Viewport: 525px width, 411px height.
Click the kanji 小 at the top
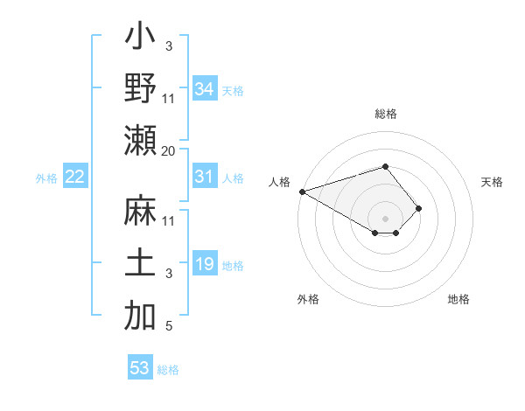(141, 38)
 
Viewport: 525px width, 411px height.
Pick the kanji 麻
(141, 212)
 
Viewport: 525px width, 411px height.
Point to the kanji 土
(141, 264)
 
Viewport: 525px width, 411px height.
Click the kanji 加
(141, 317)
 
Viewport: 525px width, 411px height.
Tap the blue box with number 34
(204, 89)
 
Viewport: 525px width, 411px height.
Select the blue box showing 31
(204, 178)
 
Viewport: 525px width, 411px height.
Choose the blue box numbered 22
(75, 178)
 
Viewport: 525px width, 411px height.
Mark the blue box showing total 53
(140, 368)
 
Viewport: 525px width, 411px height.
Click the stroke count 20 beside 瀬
(169, 150)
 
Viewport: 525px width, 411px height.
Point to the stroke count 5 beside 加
(169, 327)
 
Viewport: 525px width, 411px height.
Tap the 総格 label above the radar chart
(385, 114)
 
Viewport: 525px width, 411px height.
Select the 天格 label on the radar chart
(492, 183)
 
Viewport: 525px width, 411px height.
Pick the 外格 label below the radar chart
(308, 299)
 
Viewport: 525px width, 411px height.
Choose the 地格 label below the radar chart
(458, 299)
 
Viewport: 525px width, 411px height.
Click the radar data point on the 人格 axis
(301, 192)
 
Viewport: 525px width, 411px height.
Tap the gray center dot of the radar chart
(385, 218)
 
